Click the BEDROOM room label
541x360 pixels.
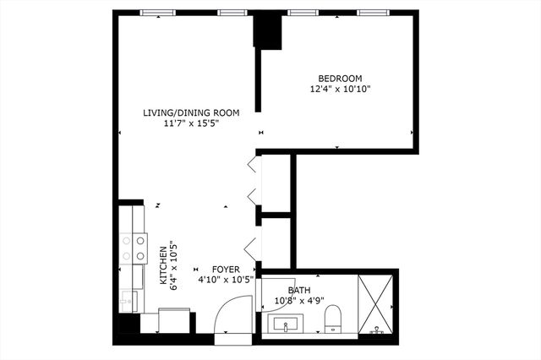pyautogui.click(x=341, y=78)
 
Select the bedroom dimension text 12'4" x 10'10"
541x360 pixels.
pyautogui.click(x=341, y=88)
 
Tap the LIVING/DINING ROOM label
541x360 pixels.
pyautogui.click(x=191, y=112)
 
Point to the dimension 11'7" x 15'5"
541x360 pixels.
pyautogui.click(x=191, y=123)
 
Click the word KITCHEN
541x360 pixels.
pyautogui.click(x=163, y=266)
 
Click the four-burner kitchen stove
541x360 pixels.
pyautogui.click(x=132, y=247)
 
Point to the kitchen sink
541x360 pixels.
pyautogui.click(x=129, y=299)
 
